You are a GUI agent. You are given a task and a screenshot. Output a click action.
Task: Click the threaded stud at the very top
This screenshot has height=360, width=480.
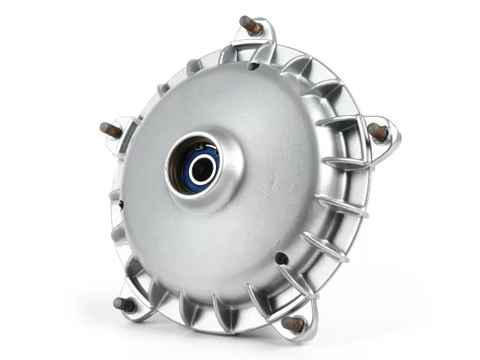(x=251, y=26)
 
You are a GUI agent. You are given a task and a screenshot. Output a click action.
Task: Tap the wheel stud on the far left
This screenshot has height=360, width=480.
(x=111, y=130)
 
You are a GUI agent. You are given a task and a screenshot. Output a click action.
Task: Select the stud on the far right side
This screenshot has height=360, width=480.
(x=378, y=132)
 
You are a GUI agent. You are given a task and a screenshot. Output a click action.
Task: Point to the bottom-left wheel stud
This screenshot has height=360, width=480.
(x=125, y=304)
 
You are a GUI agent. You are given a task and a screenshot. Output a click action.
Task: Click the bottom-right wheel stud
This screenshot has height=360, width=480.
(x=294, y=323)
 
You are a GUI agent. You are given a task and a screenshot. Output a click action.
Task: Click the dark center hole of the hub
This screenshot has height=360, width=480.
(x=202, y=168)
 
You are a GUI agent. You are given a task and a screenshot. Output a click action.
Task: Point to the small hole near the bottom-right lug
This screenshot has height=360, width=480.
(x=281, y=258)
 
